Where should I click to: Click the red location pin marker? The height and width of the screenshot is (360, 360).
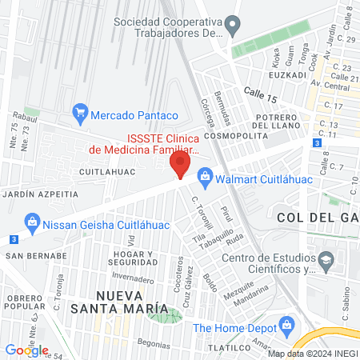pyautogui.click(x=180, y=166)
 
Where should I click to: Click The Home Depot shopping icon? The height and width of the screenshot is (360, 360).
pyautogui.click(x=286, y=326)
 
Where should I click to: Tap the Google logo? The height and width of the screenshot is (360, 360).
pyautogui.click(x=26, y=350)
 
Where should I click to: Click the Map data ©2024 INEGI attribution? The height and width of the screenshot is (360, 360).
pyautogui.click(x=312, y=354)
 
